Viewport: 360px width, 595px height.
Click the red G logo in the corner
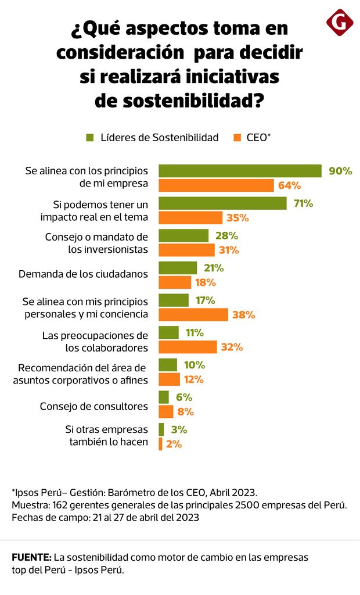340,23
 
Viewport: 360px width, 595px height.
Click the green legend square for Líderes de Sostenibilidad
89,138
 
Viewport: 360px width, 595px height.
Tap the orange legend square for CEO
237,138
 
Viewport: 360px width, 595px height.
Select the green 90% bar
240,171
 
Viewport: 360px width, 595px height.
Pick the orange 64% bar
216,185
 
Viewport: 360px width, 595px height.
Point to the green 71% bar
222,203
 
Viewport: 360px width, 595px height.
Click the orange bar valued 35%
190,218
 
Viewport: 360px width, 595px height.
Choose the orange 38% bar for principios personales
193,315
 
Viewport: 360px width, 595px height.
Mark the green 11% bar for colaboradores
168,332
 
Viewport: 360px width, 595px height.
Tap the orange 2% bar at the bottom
160,444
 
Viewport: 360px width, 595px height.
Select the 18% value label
205,282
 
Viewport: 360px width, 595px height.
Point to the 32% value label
232,347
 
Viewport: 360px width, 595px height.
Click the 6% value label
183,397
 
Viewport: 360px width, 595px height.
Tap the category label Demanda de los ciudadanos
84,273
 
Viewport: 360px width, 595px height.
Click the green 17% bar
174,300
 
